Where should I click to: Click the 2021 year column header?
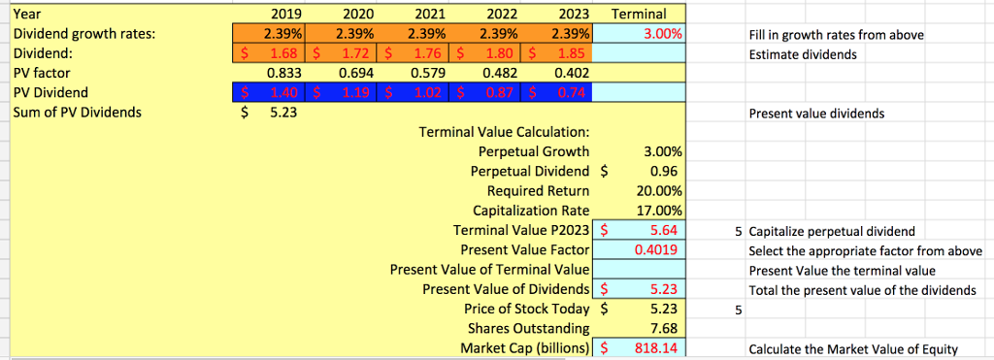tap(430, 15)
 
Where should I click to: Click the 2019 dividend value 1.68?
tap(282, 53)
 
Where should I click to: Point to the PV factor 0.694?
tap(357, 73)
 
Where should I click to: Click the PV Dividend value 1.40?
tap(282, 92)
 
